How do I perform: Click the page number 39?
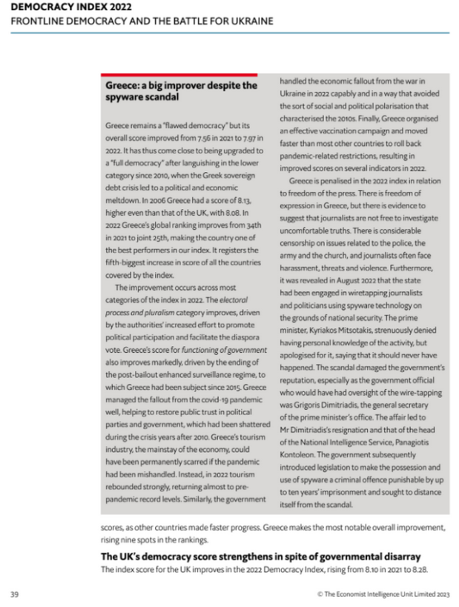pyautogui.click(x=14, y=594)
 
